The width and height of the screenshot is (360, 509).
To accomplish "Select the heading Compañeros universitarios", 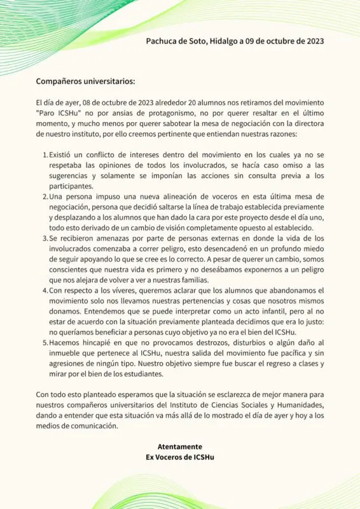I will [x=85, y=81].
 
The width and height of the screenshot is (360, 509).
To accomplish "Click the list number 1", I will [x=45, y=155].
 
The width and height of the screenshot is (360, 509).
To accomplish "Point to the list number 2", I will [x=45, y=197].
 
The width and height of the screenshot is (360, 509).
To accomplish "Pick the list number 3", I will [x=45, y=238].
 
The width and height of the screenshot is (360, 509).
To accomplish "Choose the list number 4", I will [x=45, y=290].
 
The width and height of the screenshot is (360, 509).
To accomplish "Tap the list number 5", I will [x=45, y=342].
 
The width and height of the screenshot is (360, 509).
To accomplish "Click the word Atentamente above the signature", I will [x=180, y=446].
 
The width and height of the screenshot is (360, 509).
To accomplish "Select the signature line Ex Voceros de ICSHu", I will [x=180, y=456].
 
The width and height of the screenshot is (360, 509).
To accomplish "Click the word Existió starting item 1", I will [x=64, y=155].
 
